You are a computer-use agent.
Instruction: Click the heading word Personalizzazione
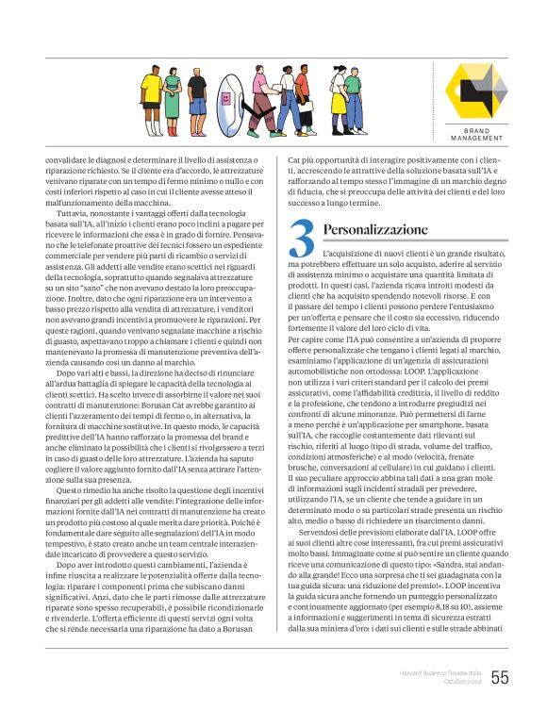tap(374, 229)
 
